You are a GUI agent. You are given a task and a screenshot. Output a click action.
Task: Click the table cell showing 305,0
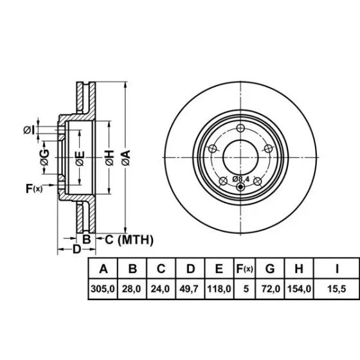coord(103,289)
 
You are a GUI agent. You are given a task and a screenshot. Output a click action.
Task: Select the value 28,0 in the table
coord(131,289)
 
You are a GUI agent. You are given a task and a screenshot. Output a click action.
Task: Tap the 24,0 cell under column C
coord(160,289)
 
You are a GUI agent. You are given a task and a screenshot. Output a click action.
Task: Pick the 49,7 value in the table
coord(189,289)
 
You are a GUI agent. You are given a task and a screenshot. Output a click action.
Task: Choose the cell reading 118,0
coord(219,289)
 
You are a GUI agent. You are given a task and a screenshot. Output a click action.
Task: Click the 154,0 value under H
coord(299,289)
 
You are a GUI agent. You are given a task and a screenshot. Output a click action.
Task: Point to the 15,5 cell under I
coord(337,289)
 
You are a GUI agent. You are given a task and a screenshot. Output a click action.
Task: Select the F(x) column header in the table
coord(245,269)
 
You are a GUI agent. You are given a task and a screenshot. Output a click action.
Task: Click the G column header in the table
coord(270,269)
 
